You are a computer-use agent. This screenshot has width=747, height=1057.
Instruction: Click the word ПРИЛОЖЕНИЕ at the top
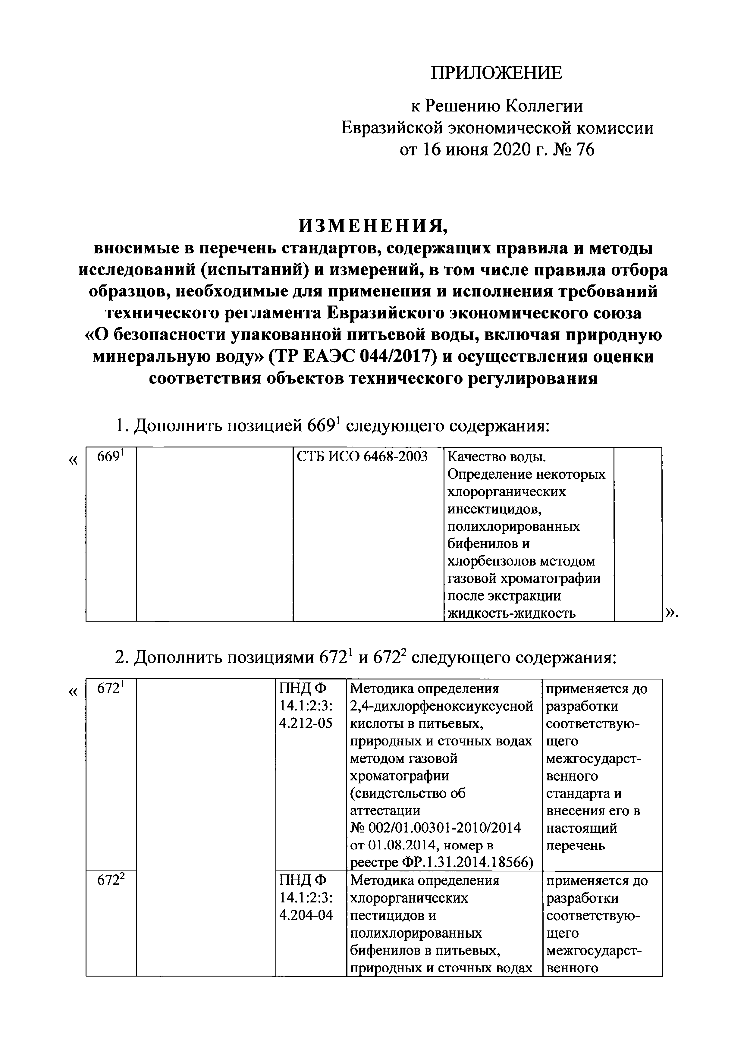point(496,73)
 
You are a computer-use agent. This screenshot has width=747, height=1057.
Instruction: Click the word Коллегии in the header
point(545,106)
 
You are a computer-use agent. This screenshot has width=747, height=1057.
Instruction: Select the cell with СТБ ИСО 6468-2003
point(362,457)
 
